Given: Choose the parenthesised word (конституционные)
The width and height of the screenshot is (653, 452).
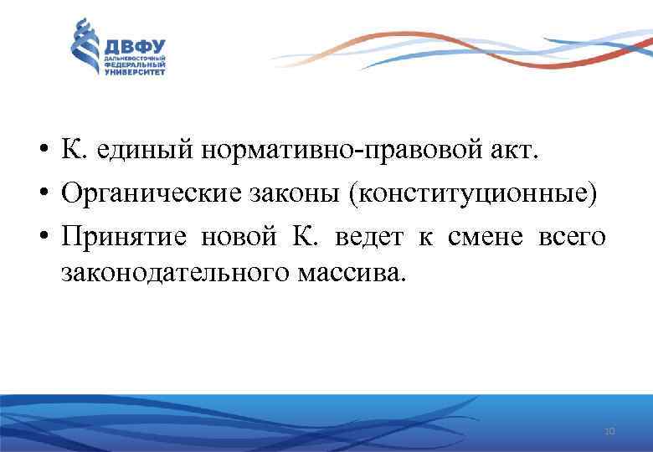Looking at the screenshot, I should coord(474,195).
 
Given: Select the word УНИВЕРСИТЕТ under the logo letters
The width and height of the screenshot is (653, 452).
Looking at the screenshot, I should coord(135,72).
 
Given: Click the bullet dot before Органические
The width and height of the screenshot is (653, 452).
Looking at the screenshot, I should coord(42,196).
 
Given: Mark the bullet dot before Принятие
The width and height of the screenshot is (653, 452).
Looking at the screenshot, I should coord(42,237).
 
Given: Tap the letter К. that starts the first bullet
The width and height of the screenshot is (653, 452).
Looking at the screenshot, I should coord(70,153).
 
